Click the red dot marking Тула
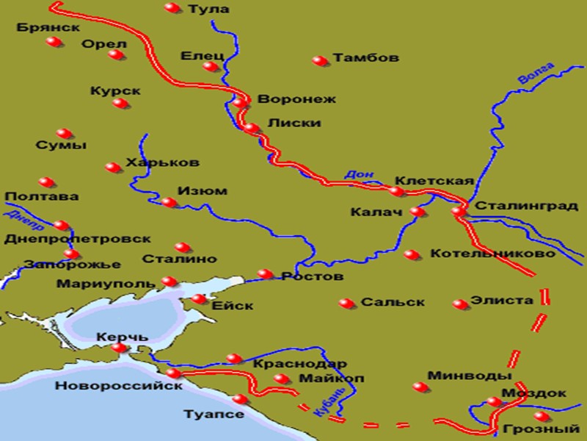(x=172, y=8)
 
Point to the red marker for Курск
(x=120, y=103)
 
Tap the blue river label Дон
(x=354, y=174)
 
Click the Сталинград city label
(x=526, y=207)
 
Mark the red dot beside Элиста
(x=460, y=304)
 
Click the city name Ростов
(x=312, y=277)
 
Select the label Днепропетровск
(x=77, y=239)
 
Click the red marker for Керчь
(x=119, y=348)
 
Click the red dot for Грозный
(x=541, y=416)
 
